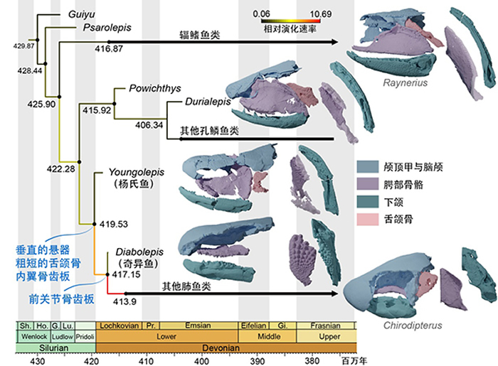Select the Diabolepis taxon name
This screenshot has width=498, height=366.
[x=134, y=252]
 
